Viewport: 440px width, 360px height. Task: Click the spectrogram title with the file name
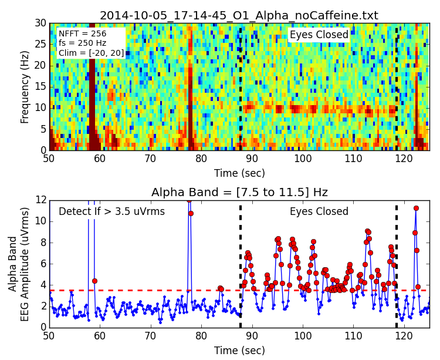(239, 15)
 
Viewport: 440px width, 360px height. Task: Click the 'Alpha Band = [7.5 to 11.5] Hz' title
(239, 192)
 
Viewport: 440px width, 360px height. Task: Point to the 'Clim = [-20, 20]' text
(91, 53)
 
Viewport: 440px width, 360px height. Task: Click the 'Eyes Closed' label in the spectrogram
(319, 35)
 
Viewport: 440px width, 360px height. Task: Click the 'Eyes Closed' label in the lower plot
(319, 211)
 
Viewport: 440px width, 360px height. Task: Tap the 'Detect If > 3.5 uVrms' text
(111, 211)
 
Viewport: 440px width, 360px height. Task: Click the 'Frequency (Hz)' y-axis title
(25, 87)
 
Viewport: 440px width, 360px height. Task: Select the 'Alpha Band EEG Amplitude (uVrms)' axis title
(19, 263)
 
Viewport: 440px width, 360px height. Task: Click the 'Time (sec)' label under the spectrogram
(239, 173)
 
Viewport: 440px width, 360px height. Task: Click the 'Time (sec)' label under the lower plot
(239, 350)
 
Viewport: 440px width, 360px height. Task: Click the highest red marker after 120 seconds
(416, 208)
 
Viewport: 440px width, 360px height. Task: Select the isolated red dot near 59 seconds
(94, 281)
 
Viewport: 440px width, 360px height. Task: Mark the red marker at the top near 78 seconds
(188, 200)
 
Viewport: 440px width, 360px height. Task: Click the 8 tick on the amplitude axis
(42, 242)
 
